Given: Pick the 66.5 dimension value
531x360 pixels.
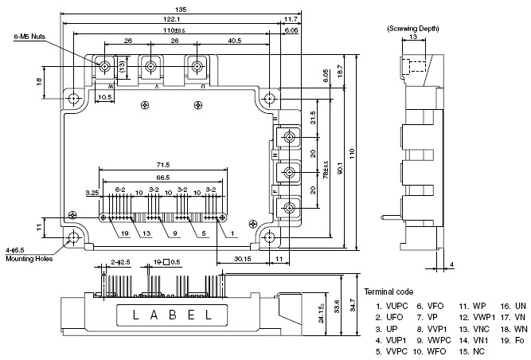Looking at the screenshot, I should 162,177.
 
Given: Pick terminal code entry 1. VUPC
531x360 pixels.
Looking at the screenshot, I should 388,306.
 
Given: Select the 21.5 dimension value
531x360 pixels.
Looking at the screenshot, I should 313,117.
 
